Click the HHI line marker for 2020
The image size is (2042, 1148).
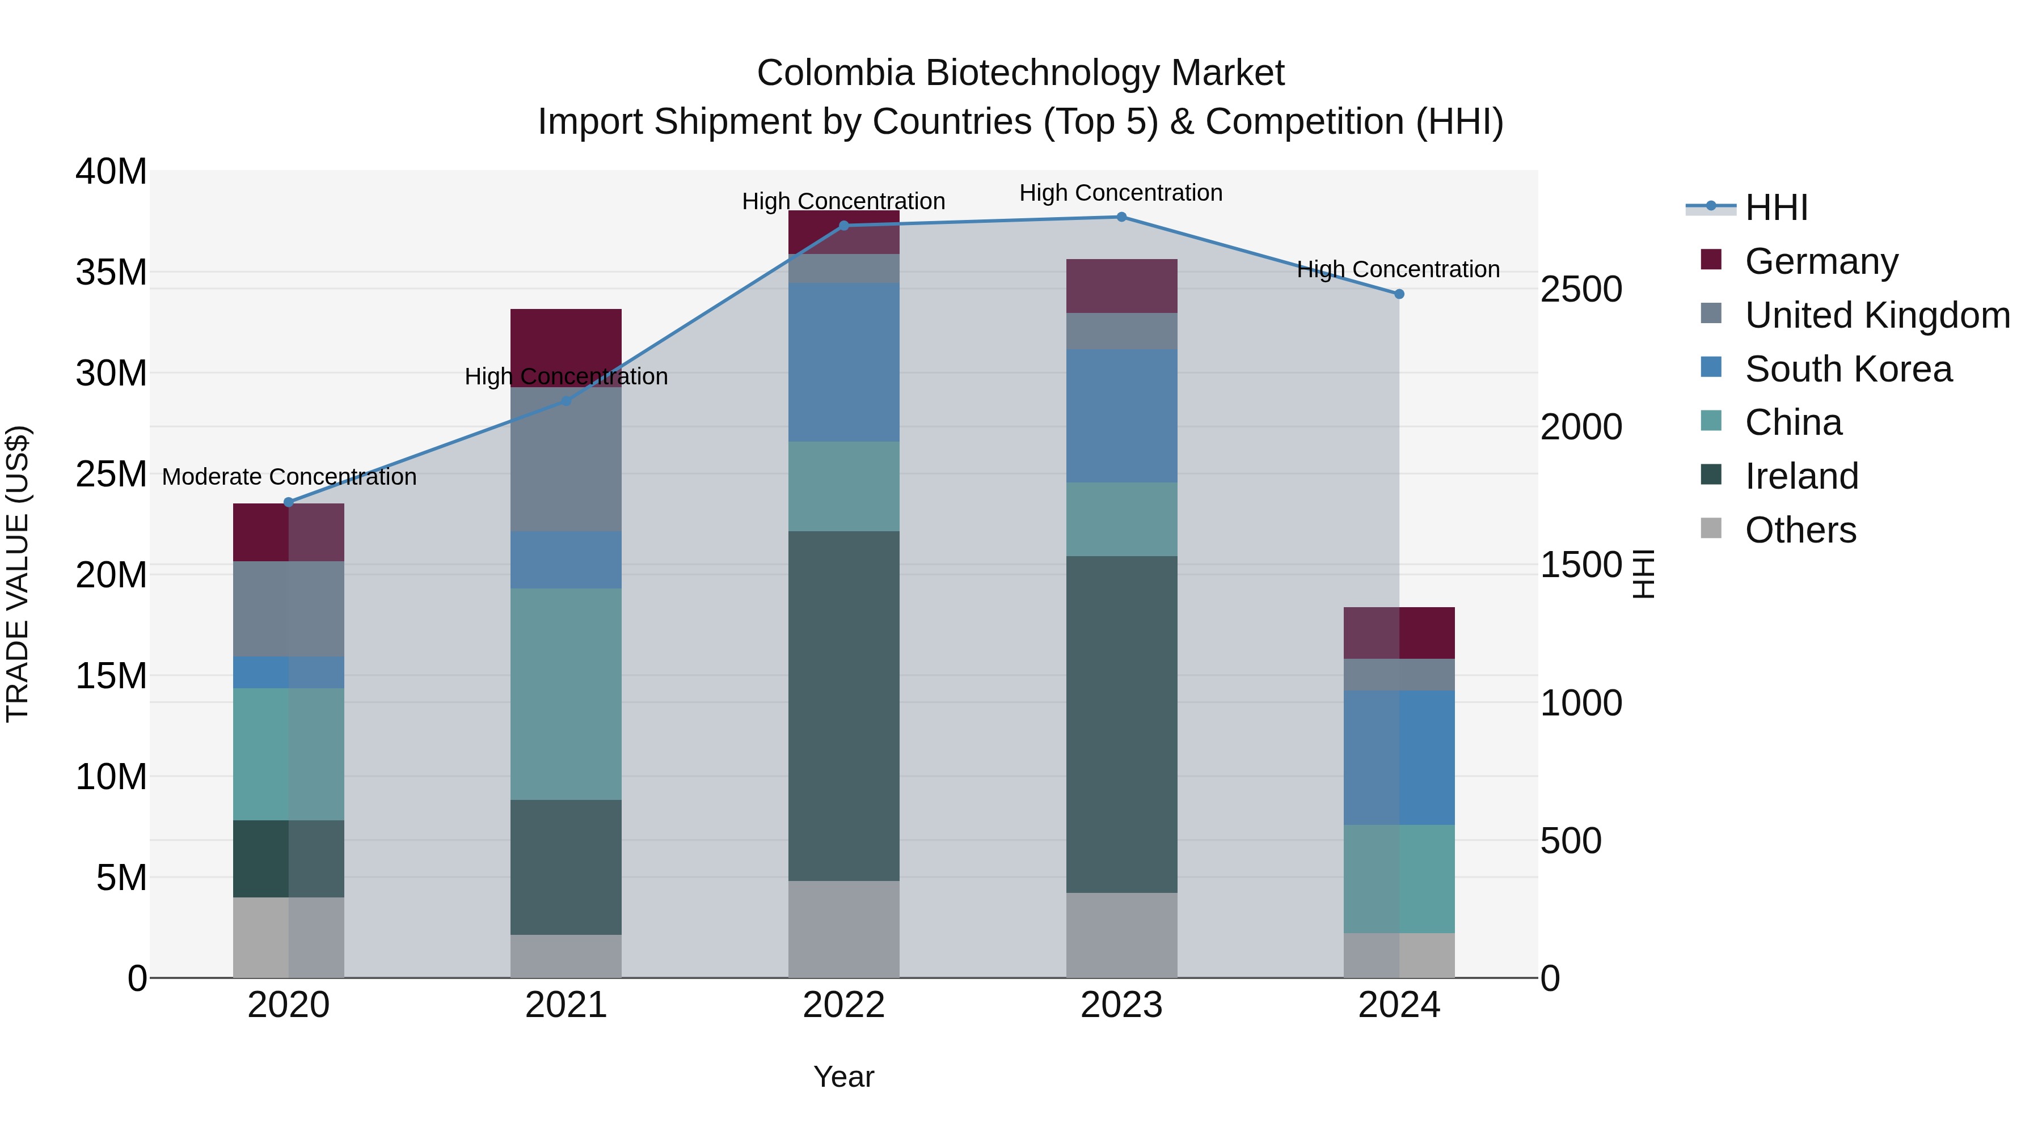pyautogui.click(x=289, y=502)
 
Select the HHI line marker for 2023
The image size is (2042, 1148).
pyautogui.click(x=1121, y=217)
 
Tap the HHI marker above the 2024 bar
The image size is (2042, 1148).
pyautogui.click(x=1399, y=294)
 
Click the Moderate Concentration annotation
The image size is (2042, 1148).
pyautogui.click(x=289, y=477)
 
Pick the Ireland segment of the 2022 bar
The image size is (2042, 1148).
pyautogui.click(x=843, y=705)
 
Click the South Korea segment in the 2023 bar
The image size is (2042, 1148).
pyautogui.click(x=1121, y=416)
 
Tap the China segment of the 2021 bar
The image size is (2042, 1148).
pyautogui.click(x=566, y=693)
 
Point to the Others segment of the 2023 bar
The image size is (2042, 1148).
pyautogui.click(x=1121, y=935)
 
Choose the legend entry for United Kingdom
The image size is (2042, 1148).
pyautogui.click(x=1877, y=315)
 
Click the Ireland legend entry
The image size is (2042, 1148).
pyautogui.click(x=1801, y=476)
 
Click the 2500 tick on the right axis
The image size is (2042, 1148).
pyautogui.click(x=1581, y=289)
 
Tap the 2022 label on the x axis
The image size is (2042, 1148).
pyautogui.click(x=843, y=1005)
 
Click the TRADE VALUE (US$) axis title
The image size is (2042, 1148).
pyautogui.click(x=18, y=574)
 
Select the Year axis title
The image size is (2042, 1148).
pyautogui.click(x=843, y=1077)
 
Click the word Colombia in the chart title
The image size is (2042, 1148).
pyautogui.click(x=835, y=73)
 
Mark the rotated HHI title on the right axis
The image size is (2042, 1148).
pyautogui.click(x=1643, y=574)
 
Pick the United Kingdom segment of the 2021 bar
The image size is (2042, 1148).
pyautogui.click(x=566, y=460)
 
